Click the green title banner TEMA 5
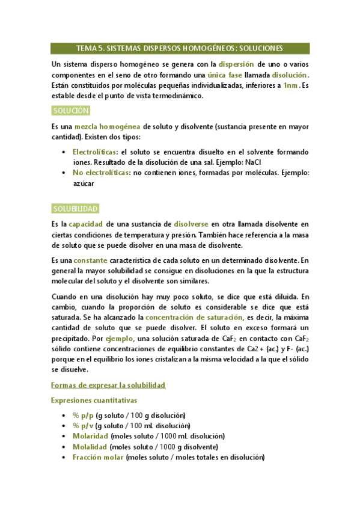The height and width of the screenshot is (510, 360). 180,48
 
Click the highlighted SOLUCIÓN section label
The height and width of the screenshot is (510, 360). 71,111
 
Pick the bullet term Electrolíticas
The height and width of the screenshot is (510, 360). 94,152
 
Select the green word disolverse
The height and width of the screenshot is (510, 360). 191,224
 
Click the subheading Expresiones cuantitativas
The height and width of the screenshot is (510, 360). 94,400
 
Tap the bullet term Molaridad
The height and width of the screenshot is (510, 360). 91,436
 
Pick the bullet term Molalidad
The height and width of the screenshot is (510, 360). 90,447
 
